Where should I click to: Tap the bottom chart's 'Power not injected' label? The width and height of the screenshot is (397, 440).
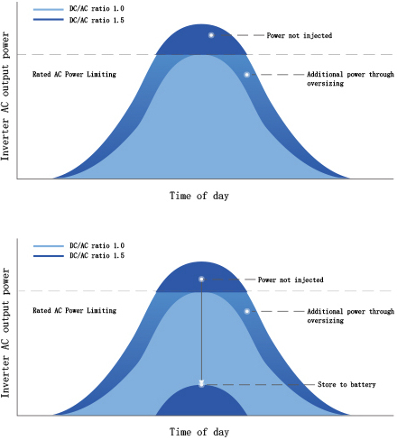pyautogui.click(x=293, y=280)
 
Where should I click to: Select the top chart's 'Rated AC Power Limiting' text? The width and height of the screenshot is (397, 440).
pyautogui.click(x=74, y=74)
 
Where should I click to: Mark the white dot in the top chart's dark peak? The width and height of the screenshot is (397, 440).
pyautogui.click(x=210, y=35)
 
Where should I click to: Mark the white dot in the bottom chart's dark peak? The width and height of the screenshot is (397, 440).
pyautogui.click(x=202, y=280)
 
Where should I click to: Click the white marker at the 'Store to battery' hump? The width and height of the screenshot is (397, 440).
pyautogui.click(x=202, y=383)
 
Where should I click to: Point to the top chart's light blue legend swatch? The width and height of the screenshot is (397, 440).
pyautogui.click(x=46, y=7)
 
